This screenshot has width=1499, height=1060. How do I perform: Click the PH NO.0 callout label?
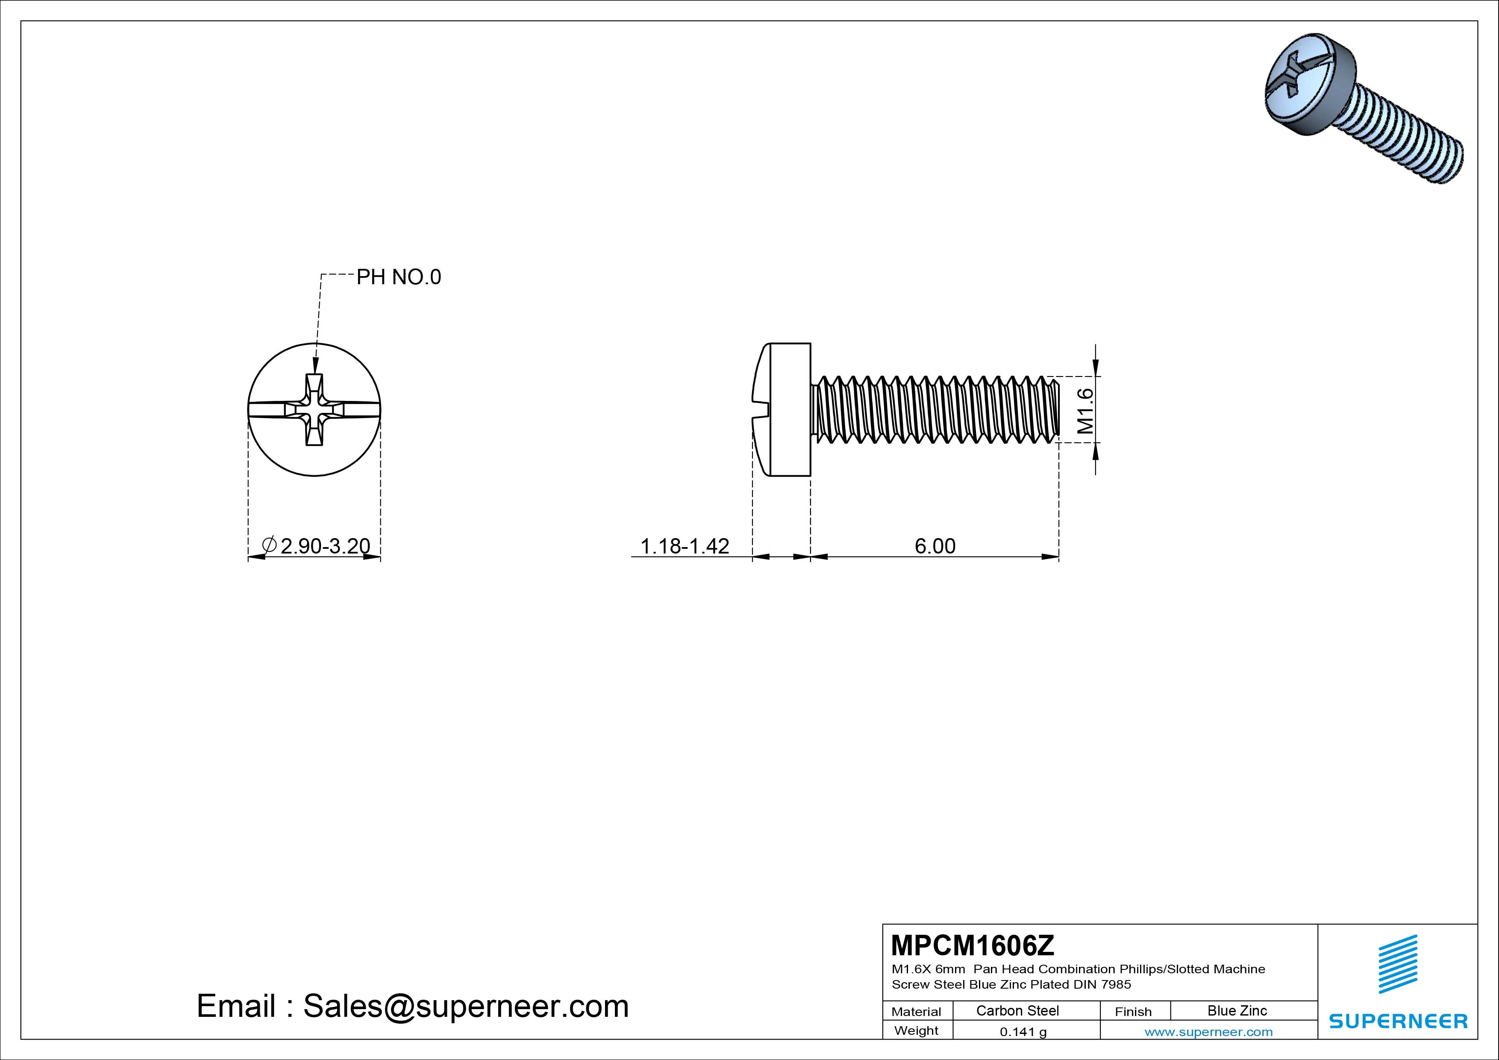click(x=398, y=277)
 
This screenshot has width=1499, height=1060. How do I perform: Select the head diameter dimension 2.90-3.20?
click(x=316, y=545)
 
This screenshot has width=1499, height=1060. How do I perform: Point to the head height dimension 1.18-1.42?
click(x=685, y=545)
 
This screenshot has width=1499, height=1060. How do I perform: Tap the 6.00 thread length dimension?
click(x=935, y=545)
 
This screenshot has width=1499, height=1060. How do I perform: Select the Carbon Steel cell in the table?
click(x=1017, y=1010)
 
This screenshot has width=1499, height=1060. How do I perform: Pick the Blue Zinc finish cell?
click(x=1237, y=1010)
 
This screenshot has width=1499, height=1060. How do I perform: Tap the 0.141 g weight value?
click(x=1023, y=1032)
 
